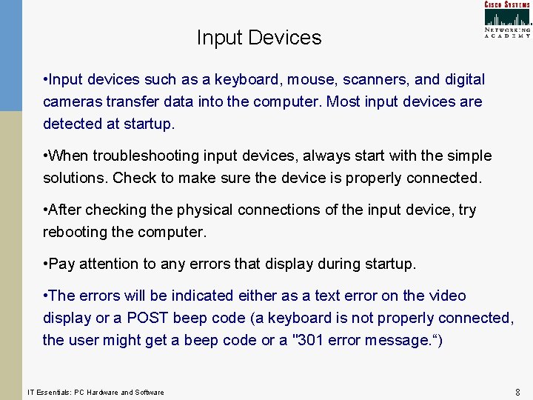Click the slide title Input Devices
pyautogui.click(x=259, y=38)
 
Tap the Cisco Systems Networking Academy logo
pyautogui.click(x=507, y=19)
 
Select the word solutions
pyautogui.click(x=75, y=178)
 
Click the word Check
pyautogui.click(x=133, y=178)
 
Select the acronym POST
pyautogui.click(x=148, y=318)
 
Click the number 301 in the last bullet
pyautogui.click(x=316, y=340)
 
